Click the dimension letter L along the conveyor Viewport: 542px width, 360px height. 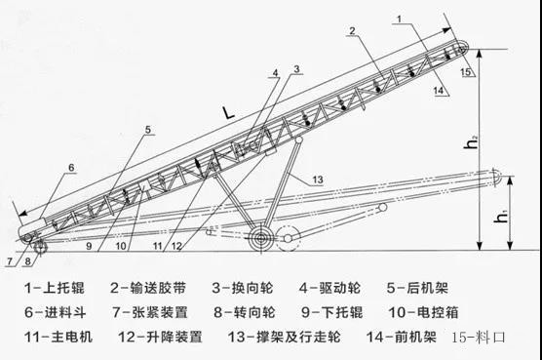[228, 113]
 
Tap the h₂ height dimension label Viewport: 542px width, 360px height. [471, 142]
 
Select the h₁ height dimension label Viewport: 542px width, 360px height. [502, 217]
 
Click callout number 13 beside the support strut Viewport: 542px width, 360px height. [318, 180]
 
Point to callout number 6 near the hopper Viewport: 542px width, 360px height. [71, 168]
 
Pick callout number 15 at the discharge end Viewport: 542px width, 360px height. [466, 71]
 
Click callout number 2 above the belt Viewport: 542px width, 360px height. [352, 31]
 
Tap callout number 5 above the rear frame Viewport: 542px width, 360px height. [148, 130]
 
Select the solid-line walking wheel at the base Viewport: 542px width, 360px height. [261, 238]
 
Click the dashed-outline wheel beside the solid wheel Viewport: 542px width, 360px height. [288, 238]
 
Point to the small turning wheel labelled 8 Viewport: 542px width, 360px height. [40, 247]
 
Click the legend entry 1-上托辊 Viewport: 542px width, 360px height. [55, 288]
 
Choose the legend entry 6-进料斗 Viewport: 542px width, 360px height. [55, 312]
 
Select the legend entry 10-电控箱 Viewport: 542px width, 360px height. [424, 312]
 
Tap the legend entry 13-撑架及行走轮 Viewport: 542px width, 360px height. [284, 337]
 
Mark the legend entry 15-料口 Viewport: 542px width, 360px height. [479, 337]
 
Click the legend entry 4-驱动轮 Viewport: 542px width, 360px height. [330, 288]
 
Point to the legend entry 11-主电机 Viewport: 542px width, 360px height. [58, 337]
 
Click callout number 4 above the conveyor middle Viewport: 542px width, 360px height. [275, 73]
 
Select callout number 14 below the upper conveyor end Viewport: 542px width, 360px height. [439, 91]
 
